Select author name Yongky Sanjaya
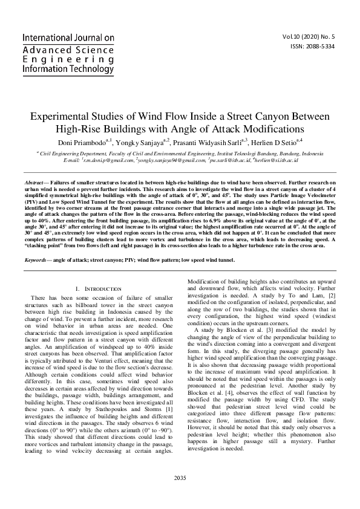141,143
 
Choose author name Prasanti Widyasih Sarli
205,143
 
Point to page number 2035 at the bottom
180,478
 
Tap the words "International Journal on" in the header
68,37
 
